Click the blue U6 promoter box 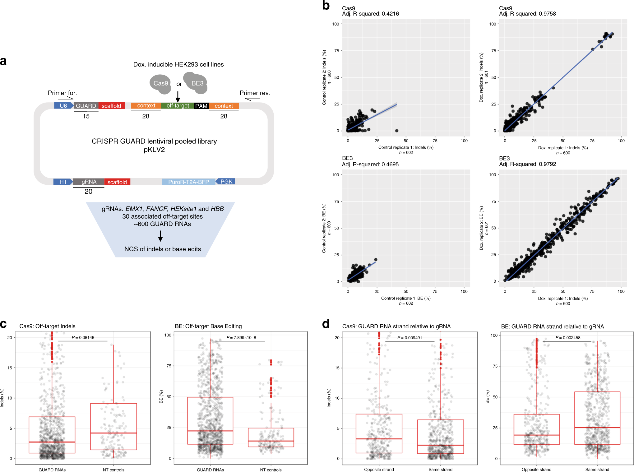click(63, 106)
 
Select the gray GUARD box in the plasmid click(86, 106)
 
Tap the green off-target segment click(178, 106)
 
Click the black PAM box click(201, 106)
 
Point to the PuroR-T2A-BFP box click(188, 182)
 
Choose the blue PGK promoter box click(226, 182)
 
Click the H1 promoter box click(63, 182)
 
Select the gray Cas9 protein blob click(160, 84)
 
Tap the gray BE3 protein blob click(196, 83)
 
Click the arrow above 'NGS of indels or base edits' click(160, 236)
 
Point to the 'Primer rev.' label click(255, 93)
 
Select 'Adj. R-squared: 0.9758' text click(527, 14)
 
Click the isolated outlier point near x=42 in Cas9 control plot click(397, 131)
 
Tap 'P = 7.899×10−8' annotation click(241, 337)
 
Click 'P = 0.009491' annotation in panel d click(410, 338)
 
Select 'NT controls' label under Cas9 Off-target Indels click(113, 470)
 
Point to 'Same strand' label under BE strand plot click(597, 470)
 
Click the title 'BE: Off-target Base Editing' click(208, 326)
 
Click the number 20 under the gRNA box click(88, 192)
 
